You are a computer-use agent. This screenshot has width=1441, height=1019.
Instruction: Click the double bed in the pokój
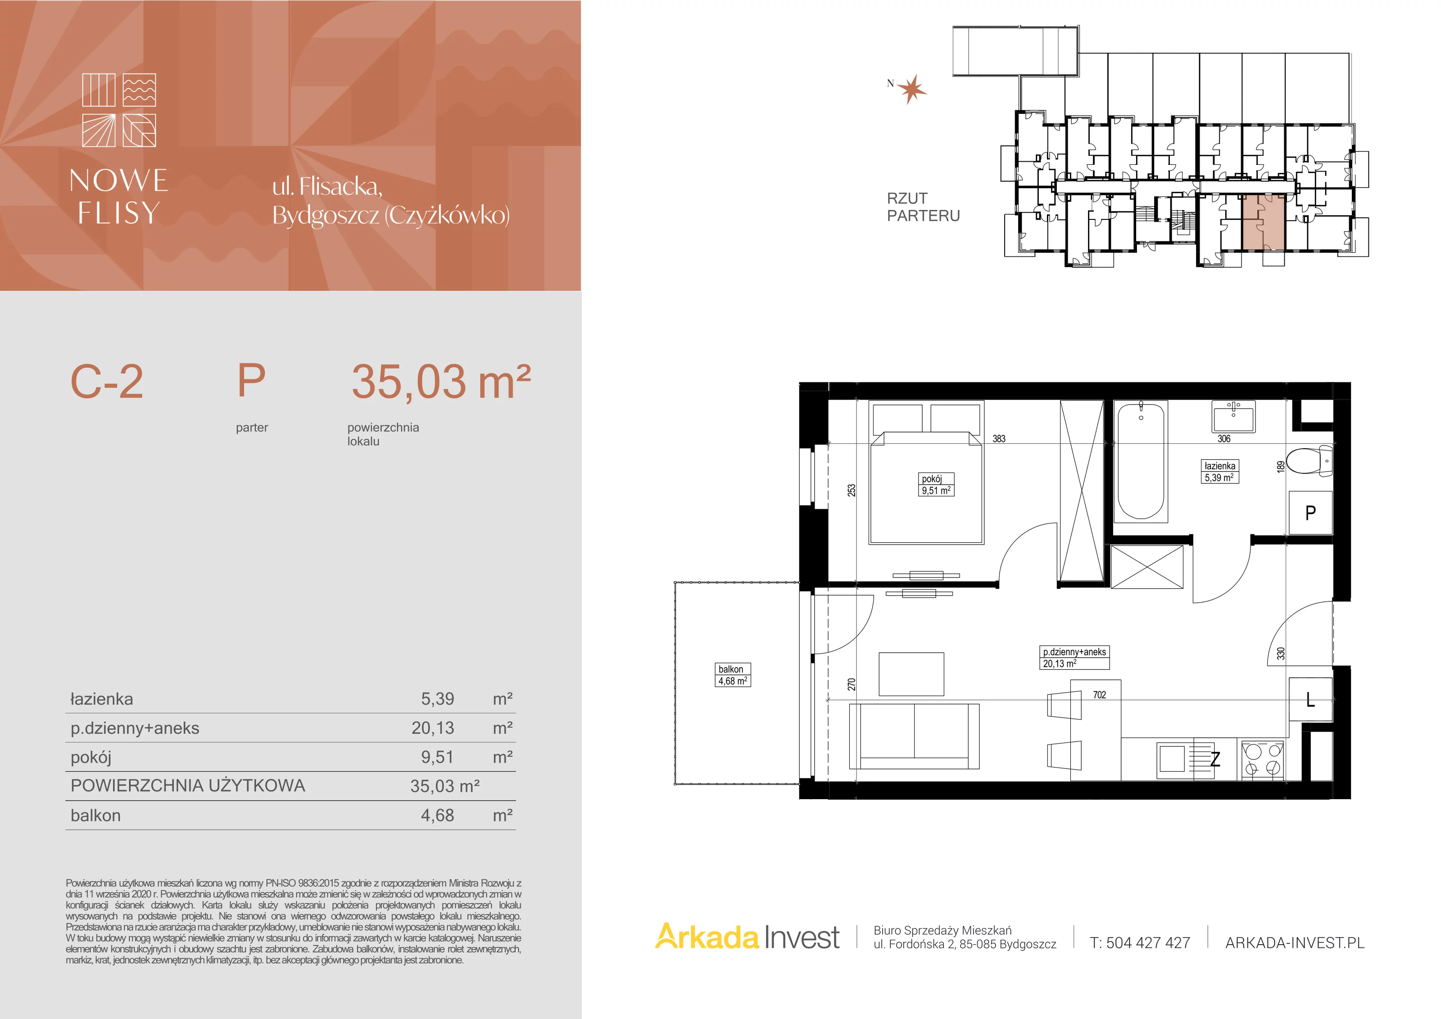coord(926,473)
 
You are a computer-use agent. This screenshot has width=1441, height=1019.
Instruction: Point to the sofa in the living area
coord(914,737)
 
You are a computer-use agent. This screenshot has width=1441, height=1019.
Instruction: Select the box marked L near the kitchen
coord(1310,699)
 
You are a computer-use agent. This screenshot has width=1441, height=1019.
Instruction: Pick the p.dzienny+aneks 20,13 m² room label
coord(1074,657)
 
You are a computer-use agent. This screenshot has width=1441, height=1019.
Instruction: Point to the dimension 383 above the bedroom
coord(998,439)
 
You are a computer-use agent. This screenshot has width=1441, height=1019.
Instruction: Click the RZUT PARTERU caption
coord(923,207)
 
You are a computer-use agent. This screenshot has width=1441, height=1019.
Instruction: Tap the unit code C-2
coord(107,381)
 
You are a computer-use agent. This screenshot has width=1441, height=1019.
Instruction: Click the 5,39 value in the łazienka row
coord(437,699)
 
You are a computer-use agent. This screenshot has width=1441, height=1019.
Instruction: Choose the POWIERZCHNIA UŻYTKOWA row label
coord(188,786)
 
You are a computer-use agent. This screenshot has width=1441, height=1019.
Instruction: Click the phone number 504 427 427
coord(1148,942)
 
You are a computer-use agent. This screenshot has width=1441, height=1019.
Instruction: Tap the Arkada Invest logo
coord(747,937)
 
